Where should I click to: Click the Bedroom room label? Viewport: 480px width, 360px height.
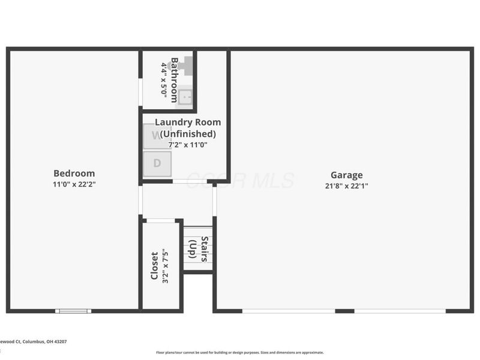(x=74, y=173)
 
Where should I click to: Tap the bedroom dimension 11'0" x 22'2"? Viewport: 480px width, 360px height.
(x=74, y=184)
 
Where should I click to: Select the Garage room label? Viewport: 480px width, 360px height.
(x=346, y=175)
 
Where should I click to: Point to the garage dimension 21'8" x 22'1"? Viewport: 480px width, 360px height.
(x=346, y=186)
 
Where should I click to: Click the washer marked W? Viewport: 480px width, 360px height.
(x=157, y=136)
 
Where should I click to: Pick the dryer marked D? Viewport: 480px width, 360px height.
(x=157, y=163)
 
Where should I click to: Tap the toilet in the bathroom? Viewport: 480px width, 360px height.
(x=186, y=65)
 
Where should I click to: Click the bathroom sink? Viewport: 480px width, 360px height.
(x=185, y=96)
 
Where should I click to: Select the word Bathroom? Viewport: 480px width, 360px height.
(x=175, y=80)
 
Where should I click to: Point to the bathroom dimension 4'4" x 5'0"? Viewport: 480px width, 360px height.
(x=164, y=80)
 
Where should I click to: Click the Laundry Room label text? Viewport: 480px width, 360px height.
(x=187, y=122)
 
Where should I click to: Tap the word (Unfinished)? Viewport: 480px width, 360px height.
(x=187, y=134)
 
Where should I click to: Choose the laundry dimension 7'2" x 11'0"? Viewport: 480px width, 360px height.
(x=187, y=145)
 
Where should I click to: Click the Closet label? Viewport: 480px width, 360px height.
(x=154, y=266)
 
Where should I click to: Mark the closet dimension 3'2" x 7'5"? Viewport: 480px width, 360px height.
(x=166, y=266)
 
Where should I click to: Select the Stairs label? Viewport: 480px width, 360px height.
(x=205, y=249)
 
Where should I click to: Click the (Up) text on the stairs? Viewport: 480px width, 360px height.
(x=193, y=249)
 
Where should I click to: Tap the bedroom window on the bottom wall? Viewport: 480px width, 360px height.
(x=73, y=311)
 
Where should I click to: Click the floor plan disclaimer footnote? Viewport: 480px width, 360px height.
(x=240, y=353)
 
